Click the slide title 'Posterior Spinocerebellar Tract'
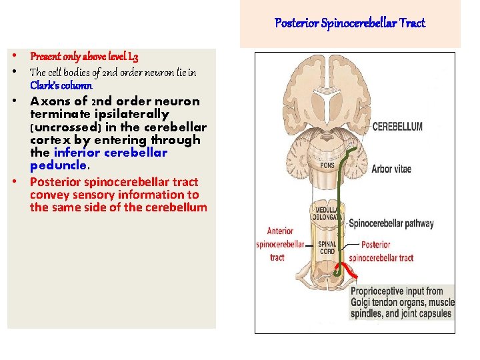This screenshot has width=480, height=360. tap(350, 24)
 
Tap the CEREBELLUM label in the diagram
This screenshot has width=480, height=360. tap(397, 127)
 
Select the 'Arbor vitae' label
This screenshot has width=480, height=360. tap(391, 169)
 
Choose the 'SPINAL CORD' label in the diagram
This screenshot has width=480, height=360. tap(327, 247)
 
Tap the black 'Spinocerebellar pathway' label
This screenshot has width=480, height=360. tap(391, 224)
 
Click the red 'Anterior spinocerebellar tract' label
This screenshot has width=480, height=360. tap(279, 244)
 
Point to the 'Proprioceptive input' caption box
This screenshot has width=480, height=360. tap(402, 301)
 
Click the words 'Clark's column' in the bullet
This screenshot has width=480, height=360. tap(61, 85)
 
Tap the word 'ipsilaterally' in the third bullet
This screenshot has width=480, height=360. tap(129, 115)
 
